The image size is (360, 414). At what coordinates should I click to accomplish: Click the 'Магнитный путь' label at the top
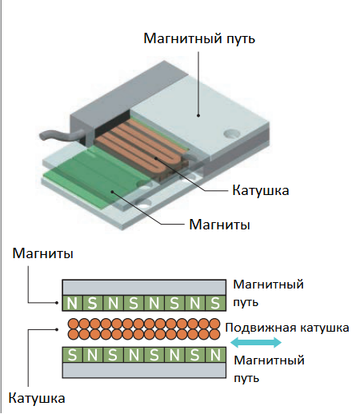click(x=199, y=38)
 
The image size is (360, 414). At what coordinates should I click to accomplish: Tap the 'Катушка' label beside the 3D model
click(x=261, y=190)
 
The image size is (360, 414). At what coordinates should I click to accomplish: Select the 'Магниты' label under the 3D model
click(x=219, y=225)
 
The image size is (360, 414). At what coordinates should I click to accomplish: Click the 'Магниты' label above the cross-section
click(x=42, y=253)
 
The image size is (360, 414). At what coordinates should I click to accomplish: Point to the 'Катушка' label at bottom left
click(x=37, y=398)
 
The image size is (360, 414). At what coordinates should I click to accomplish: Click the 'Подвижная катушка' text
click(x=287, y=328)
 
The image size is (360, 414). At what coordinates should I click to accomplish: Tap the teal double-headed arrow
click(x=256, y=343)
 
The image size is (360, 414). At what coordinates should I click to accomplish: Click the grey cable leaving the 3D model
click(x=62, y=135)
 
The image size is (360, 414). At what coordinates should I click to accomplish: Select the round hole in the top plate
click(x=232, y=133)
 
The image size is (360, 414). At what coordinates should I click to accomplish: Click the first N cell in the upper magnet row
click(x=72, y=303)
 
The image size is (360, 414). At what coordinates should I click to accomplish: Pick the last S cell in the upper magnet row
click(x=215, y=303)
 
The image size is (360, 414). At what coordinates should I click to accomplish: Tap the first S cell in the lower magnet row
click(x=72, y=355)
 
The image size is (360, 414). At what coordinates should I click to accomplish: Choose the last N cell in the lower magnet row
click(x=215, y=355)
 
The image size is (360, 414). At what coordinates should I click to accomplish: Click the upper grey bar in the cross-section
click(x=144, y=288)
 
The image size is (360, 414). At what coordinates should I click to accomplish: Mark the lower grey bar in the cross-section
click(x=144, y=370)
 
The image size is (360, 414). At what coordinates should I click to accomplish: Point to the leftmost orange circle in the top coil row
click(x=74, y=324)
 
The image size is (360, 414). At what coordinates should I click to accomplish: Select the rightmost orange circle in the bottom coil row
click(x=214, y=334)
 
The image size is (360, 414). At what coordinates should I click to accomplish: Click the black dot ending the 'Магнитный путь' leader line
click(x=198, y=115)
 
